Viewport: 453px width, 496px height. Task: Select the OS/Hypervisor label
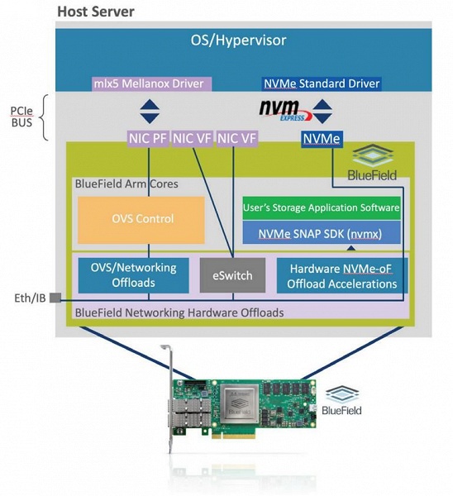[226, 40]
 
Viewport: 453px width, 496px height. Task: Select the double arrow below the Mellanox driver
[148, 110]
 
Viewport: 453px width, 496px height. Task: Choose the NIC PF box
[148, 139]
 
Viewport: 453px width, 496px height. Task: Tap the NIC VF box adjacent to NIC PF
[192, 139]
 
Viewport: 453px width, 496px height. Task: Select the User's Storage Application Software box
[322, 207]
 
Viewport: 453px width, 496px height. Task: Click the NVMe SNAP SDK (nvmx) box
[322, 232]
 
